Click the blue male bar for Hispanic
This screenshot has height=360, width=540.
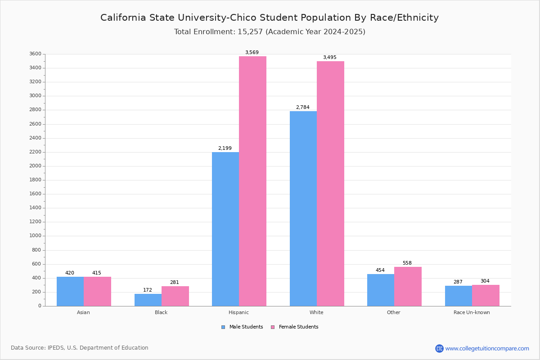click(x=225, y=229)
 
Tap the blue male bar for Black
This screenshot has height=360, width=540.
click(x=148, y=300)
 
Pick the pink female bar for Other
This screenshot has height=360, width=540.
click(x=408, y=286)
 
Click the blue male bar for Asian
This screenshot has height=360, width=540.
click(x=70, y=291)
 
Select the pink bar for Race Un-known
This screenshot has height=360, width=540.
click(x=486, y=295)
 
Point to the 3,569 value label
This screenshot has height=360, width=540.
click(x=252, y=53)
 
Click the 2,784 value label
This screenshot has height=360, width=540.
click(x=303, y=108)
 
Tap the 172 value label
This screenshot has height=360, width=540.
click(x=148, y=290)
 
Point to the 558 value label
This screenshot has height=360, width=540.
click(x=407, y=263)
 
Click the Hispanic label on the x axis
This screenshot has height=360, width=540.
click(x=238, y=312)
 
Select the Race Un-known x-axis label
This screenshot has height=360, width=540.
click(x=472, y=312)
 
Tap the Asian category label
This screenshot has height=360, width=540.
click(x=83, y=312)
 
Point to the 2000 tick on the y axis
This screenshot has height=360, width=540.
click(x=36, y=166)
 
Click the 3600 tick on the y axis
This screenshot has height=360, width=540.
click(x=36, y=54)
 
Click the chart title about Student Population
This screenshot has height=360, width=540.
click(x=270, y=18)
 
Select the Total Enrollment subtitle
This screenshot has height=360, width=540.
click(x=270, y=32)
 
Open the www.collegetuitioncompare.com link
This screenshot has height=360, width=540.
click(x=487, y=348)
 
